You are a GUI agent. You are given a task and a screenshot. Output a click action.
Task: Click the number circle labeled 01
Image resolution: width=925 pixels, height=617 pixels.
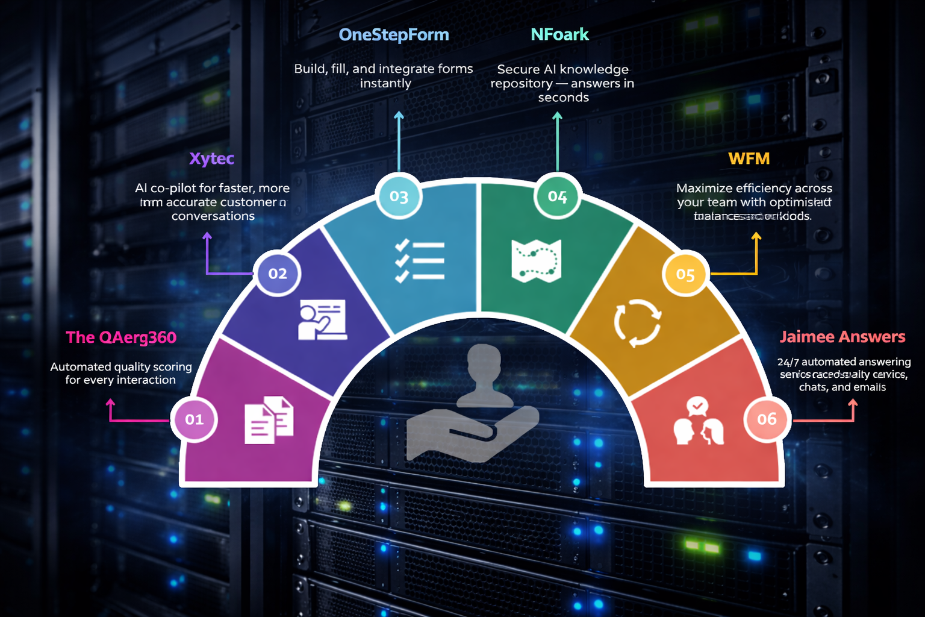194,419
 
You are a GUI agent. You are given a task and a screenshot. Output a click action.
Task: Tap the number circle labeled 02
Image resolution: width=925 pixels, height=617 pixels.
277,274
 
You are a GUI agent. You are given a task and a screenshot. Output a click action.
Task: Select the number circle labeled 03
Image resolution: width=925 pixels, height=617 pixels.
399,196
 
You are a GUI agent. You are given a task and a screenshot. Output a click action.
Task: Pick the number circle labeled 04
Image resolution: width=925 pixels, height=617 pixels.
557,196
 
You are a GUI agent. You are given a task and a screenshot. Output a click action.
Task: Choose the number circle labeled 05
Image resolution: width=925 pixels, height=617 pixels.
685,275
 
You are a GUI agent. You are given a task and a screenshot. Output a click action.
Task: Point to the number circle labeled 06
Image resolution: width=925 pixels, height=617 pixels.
766,419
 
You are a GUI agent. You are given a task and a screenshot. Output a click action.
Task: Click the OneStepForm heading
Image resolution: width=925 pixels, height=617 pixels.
394,35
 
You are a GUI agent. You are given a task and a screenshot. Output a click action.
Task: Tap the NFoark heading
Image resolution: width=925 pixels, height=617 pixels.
559,35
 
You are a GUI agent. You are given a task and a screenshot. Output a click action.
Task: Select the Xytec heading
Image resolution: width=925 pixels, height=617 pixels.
211,158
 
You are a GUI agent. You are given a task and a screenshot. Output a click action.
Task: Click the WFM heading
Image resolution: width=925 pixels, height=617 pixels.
749,158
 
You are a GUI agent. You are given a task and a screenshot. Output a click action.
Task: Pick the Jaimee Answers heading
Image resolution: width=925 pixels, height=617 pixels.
842,337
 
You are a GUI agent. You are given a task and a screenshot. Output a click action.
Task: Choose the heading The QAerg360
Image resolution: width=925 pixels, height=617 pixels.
121,337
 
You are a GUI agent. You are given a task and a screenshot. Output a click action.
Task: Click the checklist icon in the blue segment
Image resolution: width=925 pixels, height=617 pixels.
420,261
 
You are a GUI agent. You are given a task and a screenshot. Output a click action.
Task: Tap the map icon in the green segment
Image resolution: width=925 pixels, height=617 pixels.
536,261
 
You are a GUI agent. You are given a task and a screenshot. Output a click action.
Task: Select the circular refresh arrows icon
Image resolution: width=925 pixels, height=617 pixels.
637,323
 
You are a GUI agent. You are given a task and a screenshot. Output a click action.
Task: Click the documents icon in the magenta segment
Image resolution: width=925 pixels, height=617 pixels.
269,420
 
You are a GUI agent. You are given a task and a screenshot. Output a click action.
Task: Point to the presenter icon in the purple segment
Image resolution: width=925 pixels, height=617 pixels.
322,319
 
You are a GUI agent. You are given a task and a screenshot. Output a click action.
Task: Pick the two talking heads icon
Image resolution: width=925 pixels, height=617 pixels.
698,421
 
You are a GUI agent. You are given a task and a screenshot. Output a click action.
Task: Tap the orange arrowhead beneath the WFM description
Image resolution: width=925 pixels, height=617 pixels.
756,237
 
